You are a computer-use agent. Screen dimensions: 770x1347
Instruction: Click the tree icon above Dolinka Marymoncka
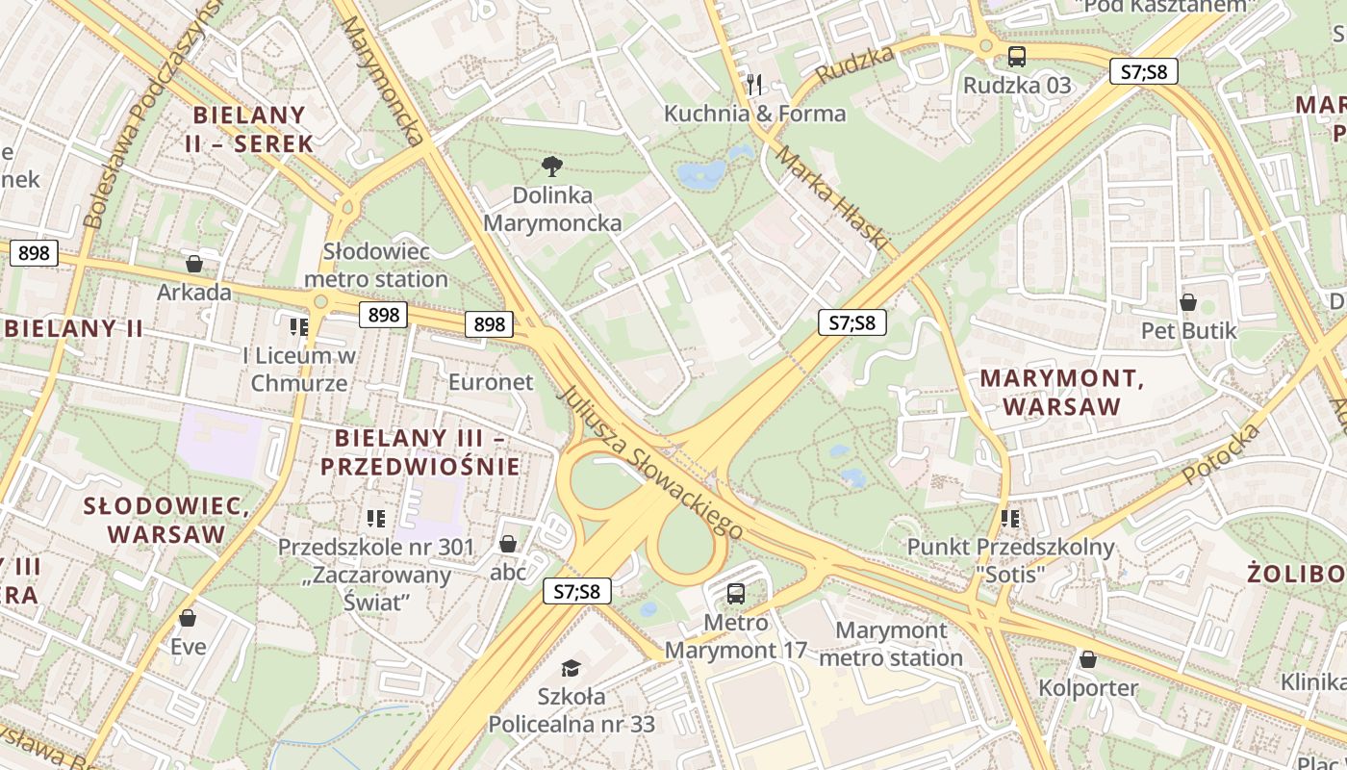coord(551,167)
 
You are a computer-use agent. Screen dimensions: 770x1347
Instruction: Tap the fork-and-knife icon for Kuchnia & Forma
coord(754,85)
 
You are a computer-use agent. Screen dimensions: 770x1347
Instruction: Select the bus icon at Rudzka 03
coord(1017,57)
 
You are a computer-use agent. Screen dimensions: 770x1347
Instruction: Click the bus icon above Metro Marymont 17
coord(736,593)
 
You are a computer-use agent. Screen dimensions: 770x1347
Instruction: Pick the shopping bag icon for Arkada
coord(194,264)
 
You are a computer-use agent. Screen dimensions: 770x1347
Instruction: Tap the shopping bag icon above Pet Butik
coord(1188,302)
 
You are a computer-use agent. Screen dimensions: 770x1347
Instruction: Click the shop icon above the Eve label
coord(188,618)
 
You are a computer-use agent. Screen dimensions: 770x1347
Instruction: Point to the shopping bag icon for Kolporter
coord(1087,660)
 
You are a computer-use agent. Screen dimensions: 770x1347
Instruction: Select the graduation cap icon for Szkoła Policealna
coord(572,668)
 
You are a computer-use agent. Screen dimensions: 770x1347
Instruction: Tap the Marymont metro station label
coord(891,645)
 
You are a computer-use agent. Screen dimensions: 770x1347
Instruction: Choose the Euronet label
coord(491,382)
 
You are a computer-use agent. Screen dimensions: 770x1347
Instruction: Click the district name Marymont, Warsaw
coord(1062,392)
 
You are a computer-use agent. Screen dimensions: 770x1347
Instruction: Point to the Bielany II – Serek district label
coord(249,129)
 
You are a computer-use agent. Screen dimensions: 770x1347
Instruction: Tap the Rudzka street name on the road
coord(854,64)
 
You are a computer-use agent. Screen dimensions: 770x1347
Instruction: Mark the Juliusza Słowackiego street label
coord(650,463)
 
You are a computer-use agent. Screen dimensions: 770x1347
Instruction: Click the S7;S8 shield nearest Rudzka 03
coord(1143,71)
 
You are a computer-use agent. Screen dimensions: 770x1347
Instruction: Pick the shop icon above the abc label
coord(508,545)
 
